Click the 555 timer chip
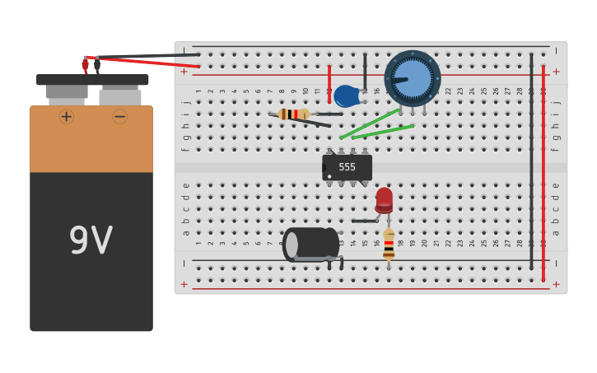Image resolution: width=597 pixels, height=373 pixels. pos(347,167)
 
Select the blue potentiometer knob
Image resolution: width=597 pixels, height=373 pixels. pos(413,78)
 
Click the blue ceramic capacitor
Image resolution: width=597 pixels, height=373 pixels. pos(347,96)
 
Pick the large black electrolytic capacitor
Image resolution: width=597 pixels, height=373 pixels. pos(310,244)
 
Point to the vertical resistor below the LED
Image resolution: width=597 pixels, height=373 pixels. pos(389,245)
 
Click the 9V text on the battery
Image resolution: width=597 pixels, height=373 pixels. pos(91,241)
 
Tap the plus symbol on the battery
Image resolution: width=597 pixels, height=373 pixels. pos(67,117)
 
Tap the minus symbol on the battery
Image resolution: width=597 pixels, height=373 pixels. pos(120,117)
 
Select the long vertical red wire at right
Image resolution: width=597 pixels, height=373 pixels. pos(543,173)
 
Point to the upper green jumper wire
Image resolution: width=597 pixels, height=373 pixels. pos(370,124)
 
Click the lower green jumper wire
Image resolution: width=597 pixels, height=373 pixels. pos(384,132)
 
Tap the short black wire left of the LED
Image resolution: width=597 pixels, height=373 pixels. pos(364,221)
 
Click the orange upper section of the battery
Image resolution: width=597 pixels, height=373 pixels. pos(91,144)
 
